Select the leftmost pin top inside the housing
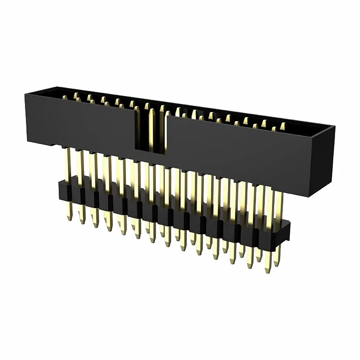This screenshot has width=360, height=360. [65, 97]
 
